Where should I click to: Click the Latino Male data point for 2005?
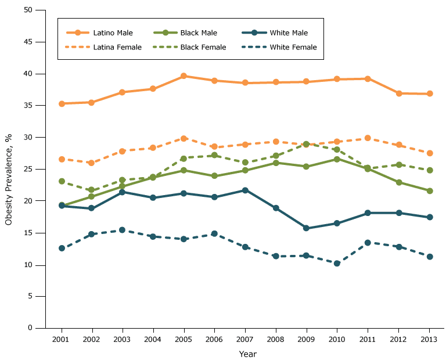(184, 76)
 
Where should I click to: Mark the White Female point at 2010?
(337, 263)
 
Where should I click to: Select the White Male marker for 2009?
(306, 228)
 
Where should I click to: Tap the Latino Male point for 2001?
(62, 103)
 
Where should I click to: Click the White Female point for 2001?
(62, 248)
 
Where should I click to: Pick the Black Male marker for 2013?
(430, 190)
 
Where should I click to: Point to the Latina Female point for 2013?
(430, 153)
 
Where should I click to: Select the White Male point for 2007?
(245, 190)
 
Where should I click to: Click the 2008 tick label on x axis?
(276, 338)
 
